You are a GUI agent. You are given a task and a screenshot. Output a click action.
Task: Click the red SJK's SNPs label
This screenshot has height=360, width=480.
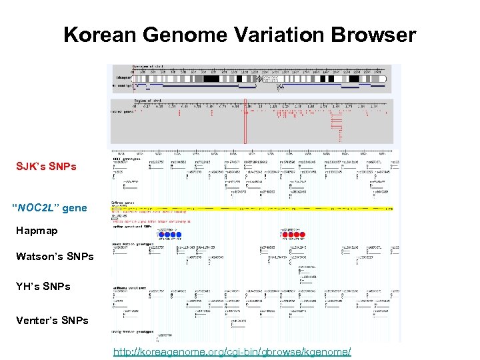pos(47,165)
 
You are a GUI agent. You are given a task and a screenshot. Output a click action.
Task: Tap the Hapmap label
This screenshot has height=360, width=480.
pos(37,231)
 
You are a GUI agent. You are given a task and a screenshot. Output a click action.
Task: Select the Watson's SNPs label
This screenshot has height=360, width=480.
pos(55,256)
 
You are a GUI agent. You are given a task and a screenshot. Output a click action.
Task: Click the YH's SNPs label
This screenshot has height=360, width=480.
pos(43,286)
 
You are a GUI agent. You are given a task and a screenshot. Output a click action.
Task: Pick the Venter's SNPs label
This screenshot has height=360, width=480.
pos(52,320)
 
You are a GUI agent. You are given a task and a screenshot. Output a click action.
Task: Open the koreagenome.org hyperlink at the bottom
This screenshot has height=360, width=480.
pos(231,351)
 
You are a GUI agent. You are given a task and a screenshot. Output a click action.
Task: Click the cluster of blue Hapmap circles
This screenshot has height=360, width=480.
pos(170,235)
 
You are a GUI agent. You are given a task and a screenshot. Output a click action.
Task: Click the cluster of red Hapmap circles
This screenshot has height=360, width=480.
pos(293,235)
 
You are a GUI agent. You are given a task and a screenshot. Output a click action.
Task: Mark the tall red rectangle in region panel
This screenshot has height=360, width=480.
pos(245,123)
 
